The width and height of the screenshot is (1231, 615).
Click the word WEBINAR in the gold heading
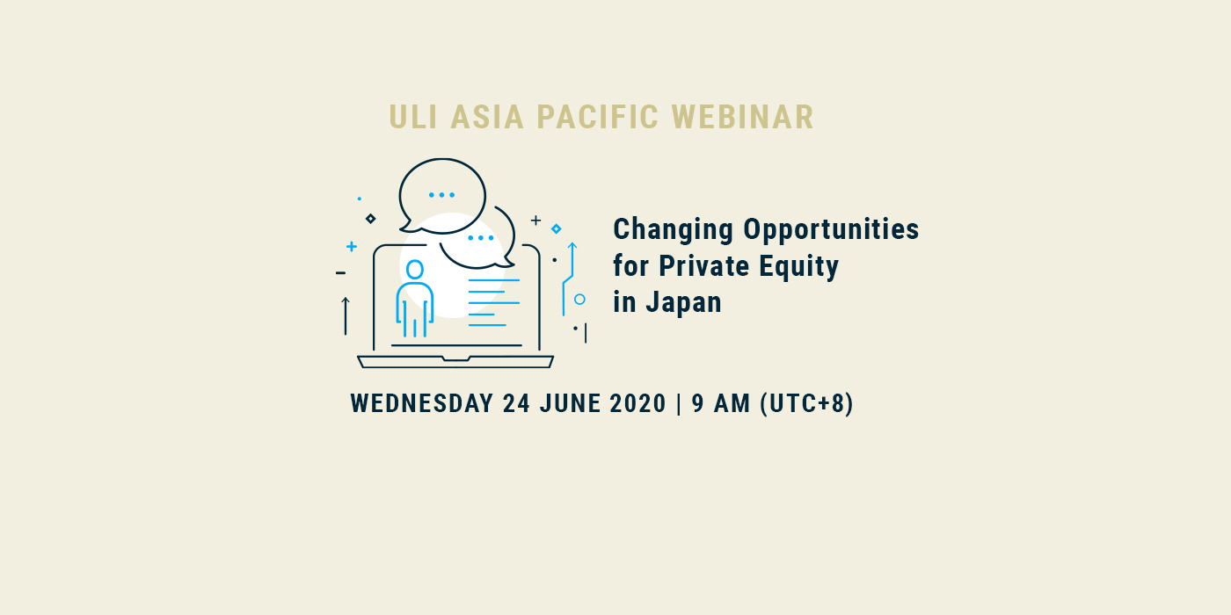click(742, 117)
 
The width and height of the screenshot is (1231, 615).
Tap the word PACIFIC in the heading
click(597, 117)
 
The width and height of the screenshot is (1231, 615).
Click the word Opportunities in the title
click(831, 230)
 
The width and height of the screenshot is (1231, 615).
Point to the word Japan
click(684, 302)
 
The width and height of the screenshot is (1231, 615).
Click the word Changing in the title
click(674, 230)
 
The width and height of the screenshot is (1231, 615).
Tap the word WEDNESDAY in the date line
click(422, 403)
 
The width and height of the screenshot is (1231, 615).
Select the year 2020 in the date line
click(638, 403)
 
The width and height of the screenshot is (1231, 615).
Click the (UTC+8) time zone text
click(807, 403)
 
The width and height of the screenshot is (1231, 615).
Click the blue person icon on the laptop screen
click(415, 298)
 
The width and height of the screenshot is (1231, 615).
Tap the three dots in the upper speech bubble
click(441, 195)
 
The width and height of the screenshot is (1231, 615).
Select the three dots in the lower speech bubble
click(481, 238)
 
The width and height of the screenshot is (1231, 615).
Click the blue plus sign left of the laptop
click(352, 247)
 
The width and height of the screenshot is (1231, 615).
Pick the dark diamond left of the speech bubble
click(370, 219)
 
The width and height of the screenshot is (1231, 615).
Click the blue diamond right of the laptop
click(556, 229)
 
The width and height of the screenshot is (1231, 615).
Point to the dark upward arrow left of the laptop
click(346, 315)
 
